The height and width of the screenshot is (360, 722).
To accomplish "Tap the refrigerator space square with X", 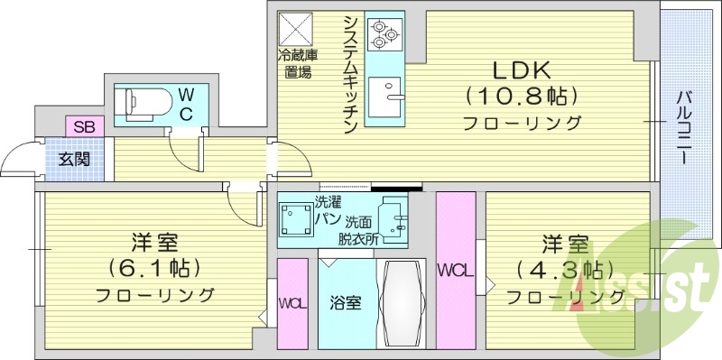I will click(x=295, y=30).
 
